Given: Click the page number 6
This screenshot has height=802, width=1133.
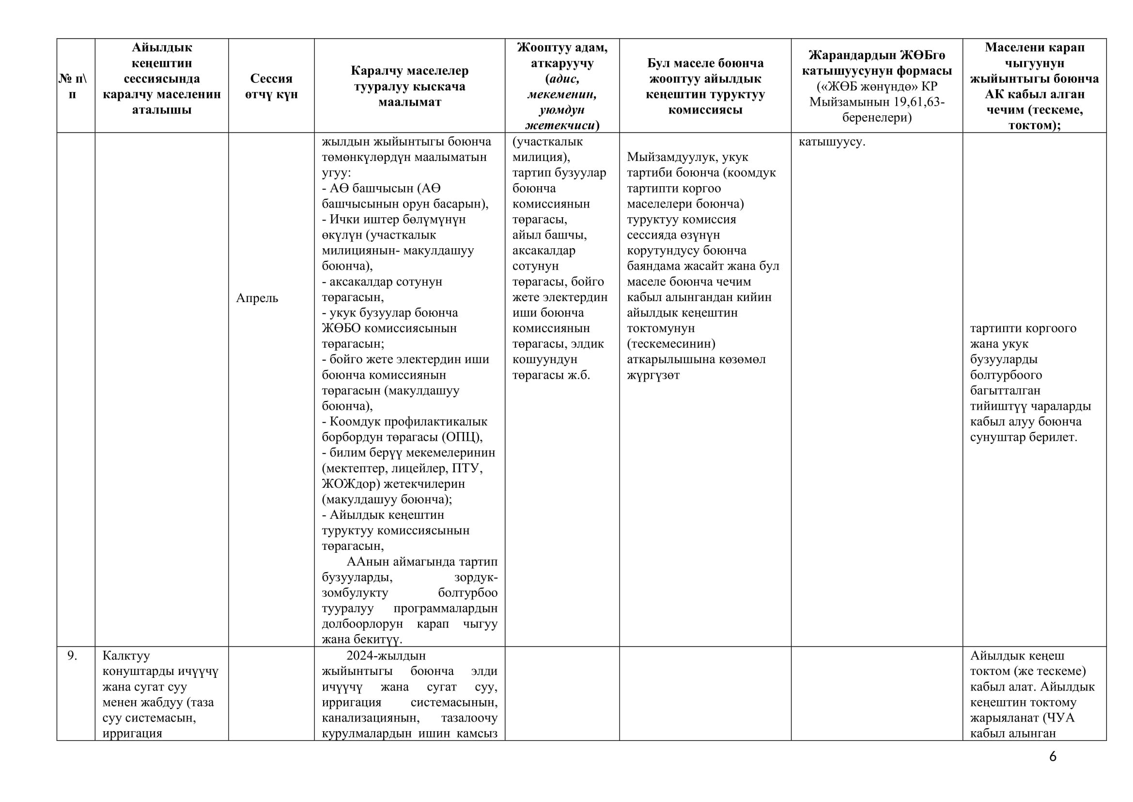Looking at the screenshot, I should click(x=1053, y=756).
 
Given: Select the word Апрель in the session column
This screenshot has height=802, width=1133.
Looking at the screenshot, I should click(x=257, y=298).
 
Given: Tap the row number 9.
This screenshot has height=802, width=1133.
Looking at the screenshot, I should click(x=72, y=656).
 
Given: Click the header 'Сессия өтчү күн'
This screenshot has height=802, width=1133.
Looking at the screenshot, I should click(x=271, y=86).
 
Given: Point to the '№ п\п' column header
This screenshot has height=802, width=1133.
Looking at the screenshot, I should click(x=72, y=86).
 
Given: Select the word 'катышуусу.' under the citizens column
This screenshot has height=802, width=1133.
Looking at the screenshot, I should click(x=832, y=142).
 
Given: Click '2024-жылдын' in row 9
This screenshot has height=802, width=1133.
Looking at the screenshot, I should click(x=386, y=656).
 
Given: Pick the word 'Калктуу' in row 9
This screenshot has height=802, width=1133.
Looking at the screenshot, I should click(x=126, y=656).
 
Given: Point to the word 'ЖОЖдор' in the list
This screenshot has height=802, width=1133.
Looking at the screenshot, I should click(x=351, y=484).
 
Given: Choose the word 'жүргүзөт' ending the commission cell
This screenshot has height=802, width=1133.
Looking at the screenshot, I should click(x=653, y=375).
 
